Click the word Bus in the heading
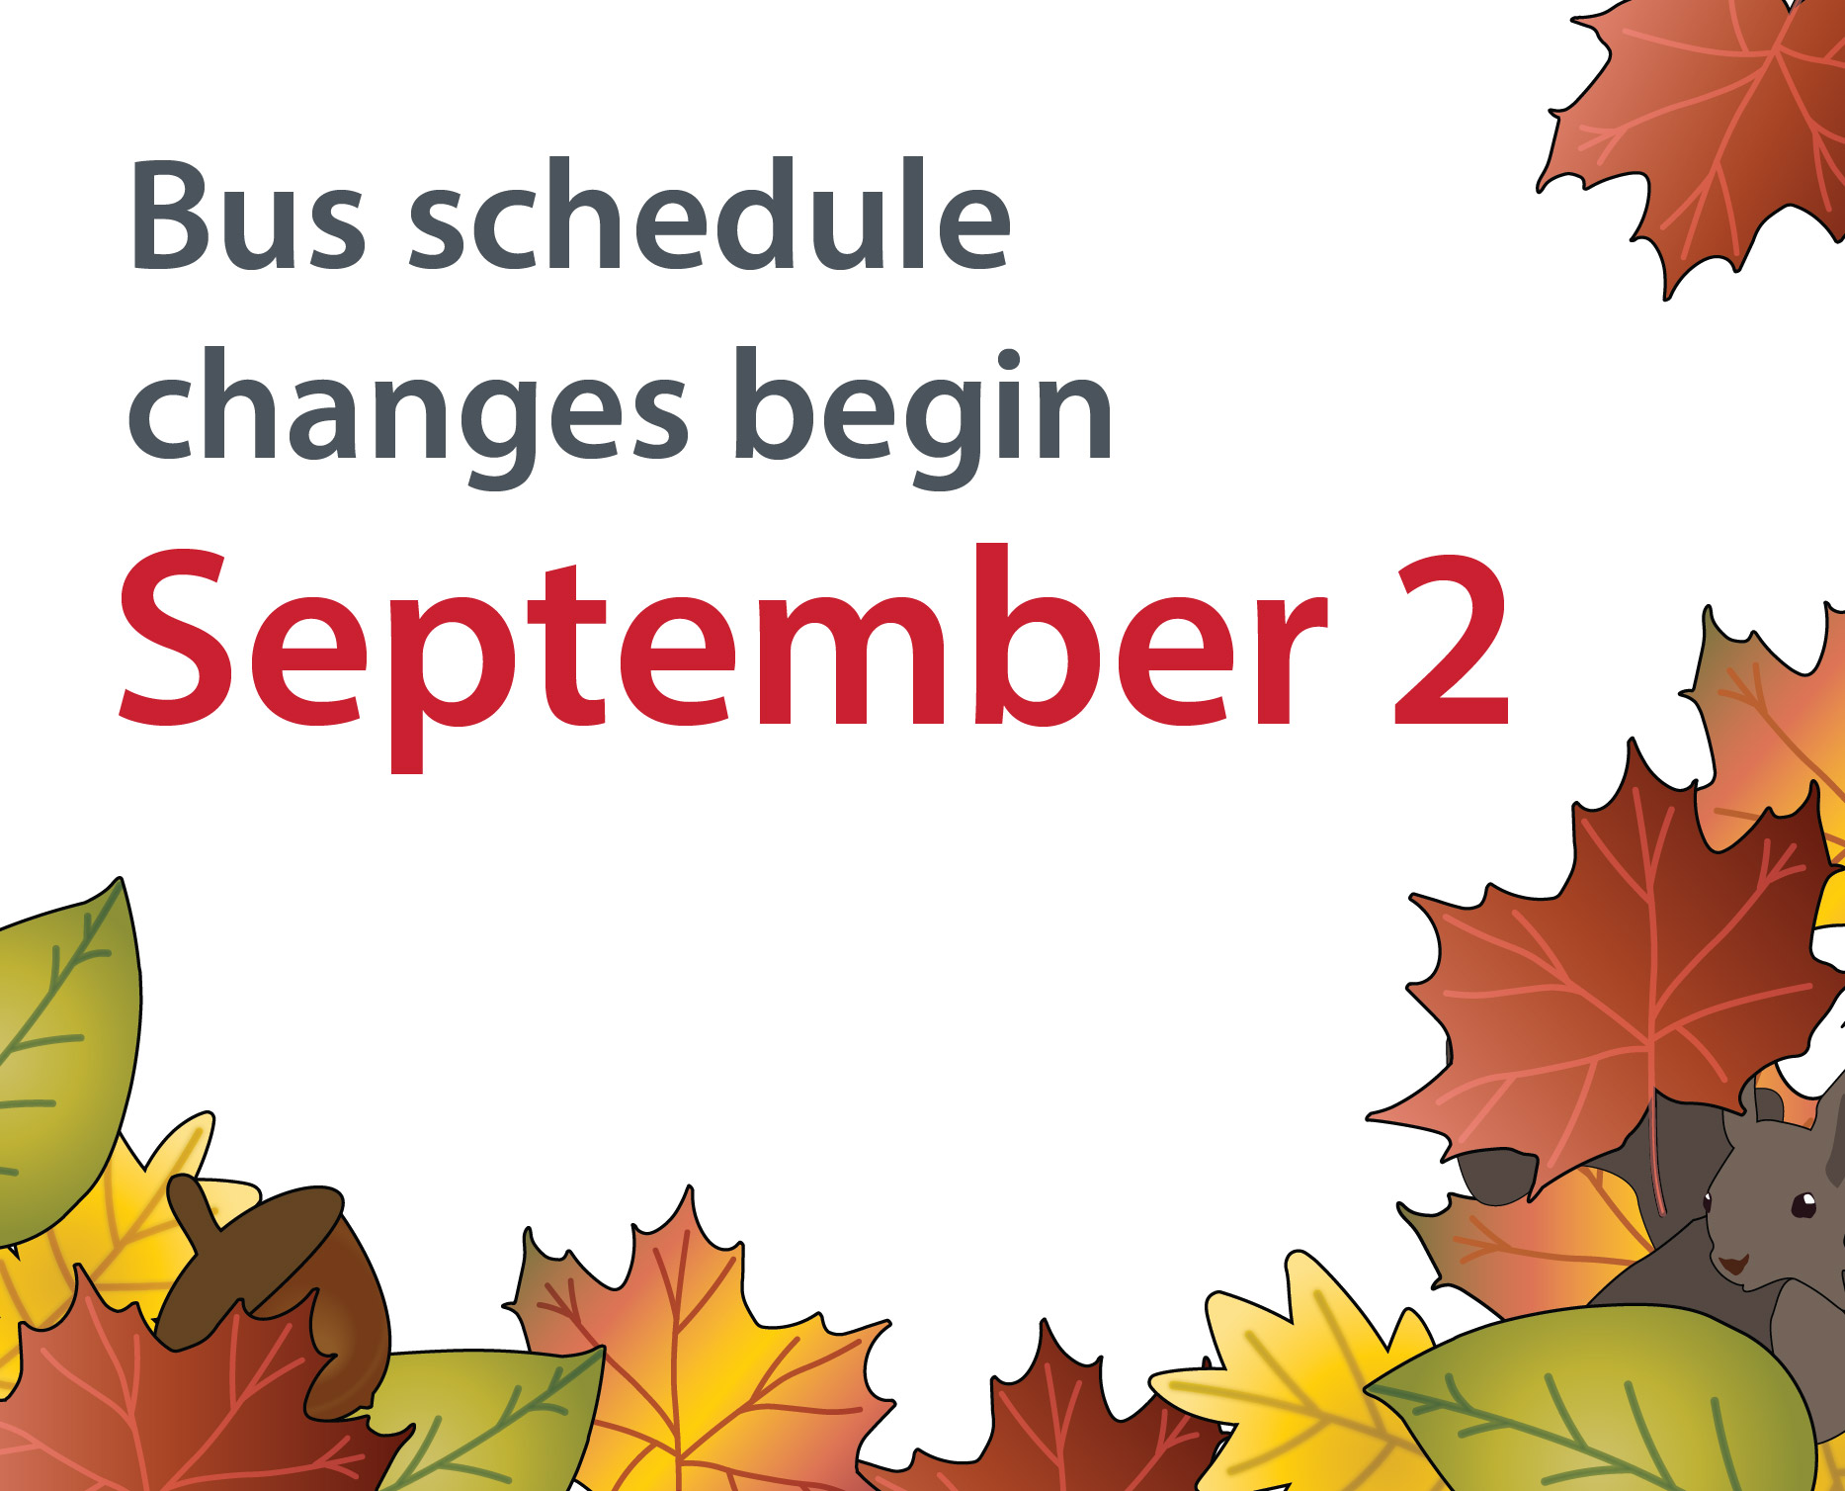tap(247, 216)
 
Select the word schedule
tap(710, 216)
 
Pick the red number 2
tap(1451, 643)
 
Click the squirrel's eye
tap(1803, 1204)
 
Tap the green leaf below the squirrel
tap(1601, 1404)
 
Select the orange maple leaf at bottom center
tap(692, 1355)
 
